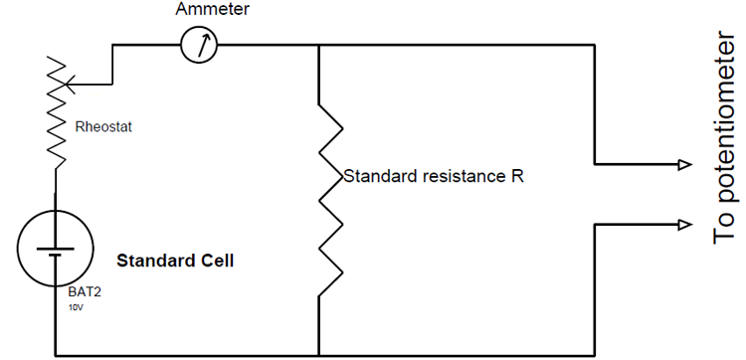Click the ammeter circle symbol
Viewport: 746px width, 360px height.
click(200, 46)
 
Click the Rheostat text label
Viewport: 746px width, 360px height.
click(103, 126)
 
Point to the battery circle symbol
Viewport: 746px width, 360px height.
click(56, 248)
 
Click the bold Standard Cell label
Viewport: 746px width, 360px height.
click(175, 262)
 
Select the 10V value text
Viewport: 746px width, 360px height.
click(76, 308)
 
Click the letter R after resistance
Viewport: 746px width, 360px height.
click(517, 177)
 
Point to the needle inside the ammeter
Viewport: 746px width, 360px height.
click(201, 45)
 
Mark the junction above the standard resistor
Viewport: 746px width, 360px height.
click(318, 46)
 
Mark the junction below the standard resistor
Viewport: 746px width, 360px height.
click(318, 354)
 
